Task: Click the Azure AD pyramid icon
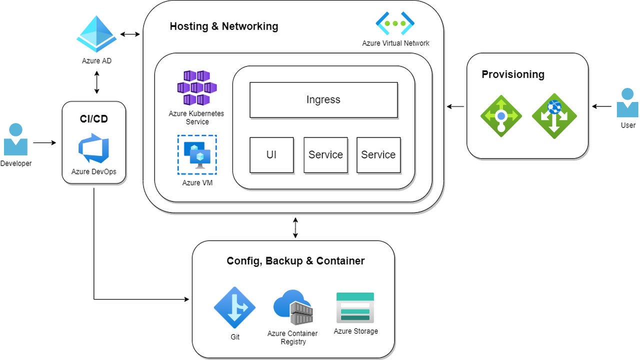(96, 34)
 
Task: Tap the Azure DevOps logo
(93, 148)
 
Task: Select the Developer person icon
(15, 139)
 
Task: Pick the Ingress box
(323, 100)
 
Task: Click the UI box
(271, 155)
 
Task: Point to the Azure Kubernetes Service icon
(196, 88)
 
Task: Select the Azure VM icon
(197, 155)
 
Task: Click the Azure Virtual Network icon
(395, 23)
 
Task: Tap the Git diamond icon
(234, 307)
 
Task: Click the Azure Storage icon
(355, 307)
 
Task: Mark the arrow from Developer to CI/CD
(45, 143)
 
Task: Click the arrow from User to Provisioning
(601, 106)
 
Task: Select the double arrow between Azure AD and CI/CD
(96, 82)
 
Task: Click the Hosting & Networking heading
(224, 26)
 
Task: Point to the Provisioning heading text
(512, 74)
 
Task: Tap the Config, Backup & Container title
(295, 261)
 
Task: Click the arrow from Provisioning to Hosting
(455, 106)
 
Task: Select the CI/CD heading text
(93, 119)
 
